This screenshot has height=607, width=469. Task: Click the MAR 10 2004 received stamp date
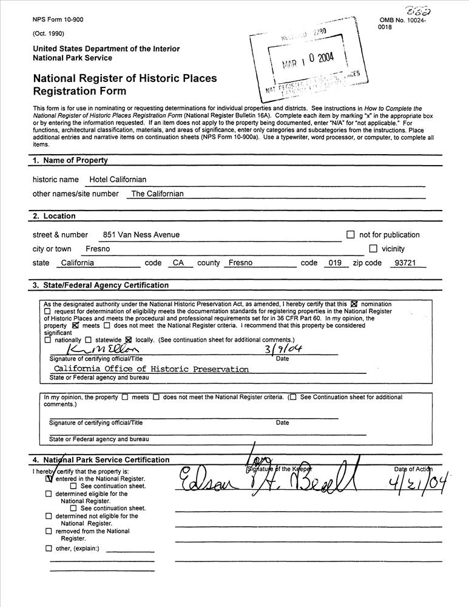308,62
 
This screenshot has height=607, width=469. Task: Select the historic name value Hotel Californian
118,180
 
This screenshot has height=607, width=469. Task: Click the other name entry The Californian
157,194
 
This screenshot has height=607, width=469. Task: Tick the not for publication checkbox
350,235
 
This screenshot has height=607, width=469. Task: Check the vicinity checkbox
373,249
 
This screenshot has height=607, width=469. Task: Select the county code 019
334,263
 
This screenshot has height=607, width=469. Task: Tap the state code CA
178,263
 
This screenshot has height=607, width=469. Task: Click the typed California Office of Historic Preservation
151,369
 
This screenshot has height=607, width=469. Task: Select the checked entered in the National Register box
49,478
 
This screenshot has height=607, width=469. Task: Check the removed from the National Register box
49,531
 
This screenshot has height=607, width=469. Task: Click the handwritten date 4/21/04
419,484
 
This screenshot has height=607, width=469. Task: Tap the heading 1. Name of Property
70,161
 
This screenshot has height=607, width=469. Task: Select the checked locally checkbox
128,340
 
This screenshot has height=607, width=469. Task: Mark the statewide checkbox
89,340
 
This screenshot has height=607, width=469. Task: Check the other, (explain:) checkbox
49,549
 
